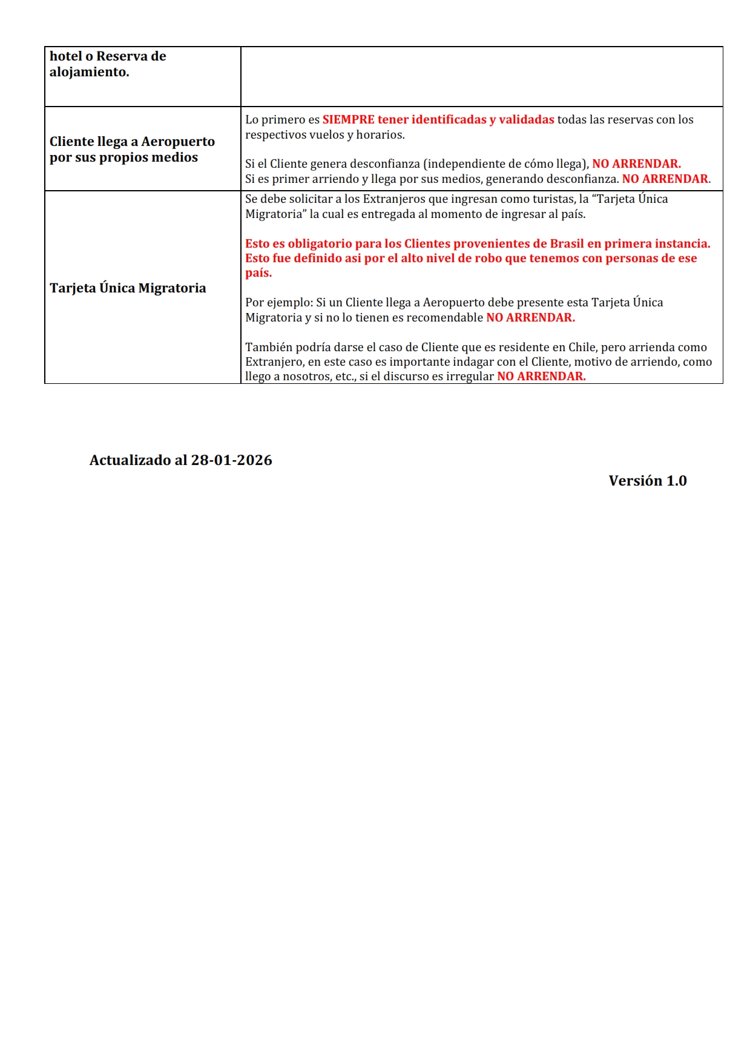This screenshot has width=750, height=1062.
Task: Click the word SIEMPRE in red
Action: (x=348, y=120)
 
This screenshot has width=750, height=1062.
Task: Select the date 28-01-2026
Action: (x=231, y=460)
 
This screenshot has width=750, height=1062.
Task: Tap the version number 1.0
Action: (x=676, y=481)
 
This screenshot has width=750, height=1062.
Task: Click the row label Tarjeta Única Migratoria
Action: (x=128, y=288)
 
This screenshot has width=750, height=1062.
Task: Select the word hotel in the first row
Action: (x=65, y=56)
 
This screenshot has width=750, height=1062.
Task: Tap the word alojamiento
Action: (x=89, y=72)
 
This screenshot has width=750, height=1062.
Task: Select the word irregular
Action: (x=470, y=376)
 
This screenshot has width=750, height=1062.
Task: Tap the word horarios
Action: (x=380, y=134)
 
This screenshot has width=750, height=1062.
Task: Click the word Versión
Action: (x=635, y=481)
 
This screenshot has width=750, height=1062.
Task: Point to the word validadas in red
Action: (x=526, y=120)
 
